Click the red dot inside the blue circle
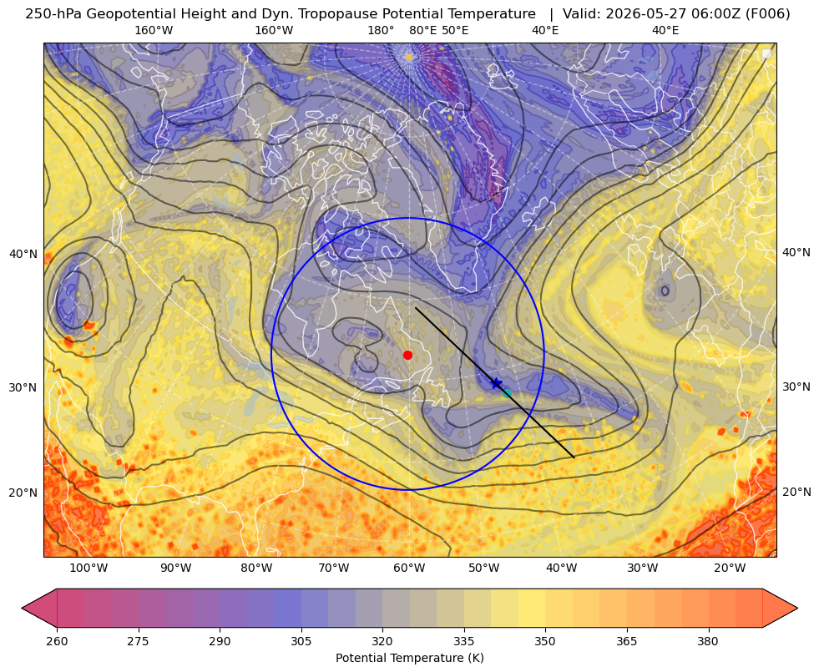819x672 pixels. (x=408, y=355)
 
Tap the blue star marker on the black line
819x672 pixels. (x=496, y=382)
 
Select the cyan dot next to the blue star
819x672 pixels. (x=507, y=393)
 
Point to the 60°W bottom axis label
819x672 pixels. (x=409, y=568)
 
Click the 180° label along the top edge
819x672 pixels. (x=381, y=30)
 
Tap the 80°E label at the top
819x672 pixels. (x=423, y=30)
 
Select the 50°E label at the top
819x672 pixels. (x=455, y=30)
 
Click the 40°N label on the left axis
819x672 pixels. (x=23, y=255)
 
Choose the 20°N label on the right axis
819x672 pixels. (x=796, y=492)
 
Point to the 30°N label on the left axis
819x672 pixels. (x=23, y=387)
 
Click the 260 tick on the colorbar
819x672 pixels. (x=57, y=641)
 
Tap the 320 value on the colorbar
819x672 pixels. (x=382, y=641)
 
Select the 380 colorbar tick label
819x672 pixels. (x=708, y=641)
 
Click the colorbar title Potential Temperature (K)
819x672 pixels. (x=409, y=658)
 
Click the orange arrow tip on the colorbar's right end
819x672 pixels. (x=797, y=608)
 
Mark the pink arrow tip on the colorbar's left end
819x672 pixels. (x=23, y=608)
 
